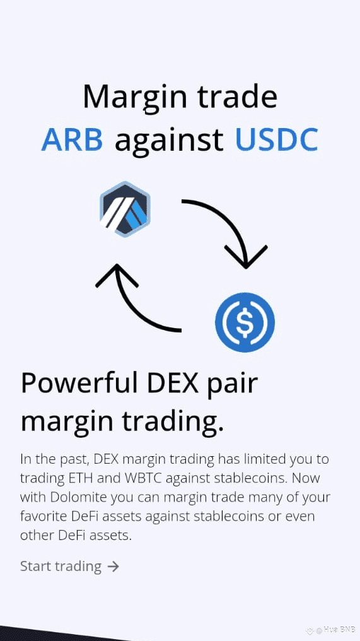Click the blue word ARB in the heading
[x=72, y=139]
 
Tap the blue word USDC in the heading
[x=277, y=139]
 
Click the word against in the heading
[x=169, y=141]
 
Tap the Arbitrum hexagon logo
[x=125, y=209]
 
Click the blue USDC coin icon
[x=245, y=322]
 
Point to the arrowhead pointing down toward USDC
[x=246, y=256]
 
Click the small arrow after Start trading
[x=113, y=567]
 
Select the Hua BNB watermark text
[x=334, y=629]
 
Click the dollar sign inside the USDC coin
[x=245, y=322]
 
